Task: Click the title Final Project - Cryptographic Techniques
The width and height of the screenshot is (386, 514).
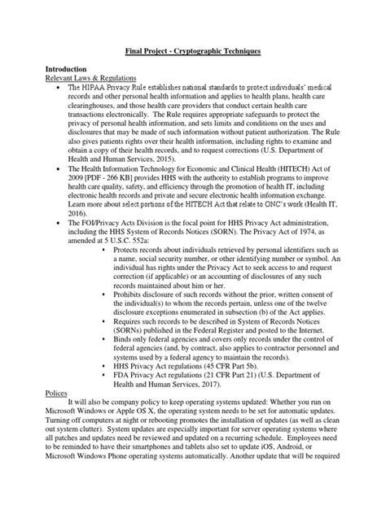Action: [193, 51]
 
